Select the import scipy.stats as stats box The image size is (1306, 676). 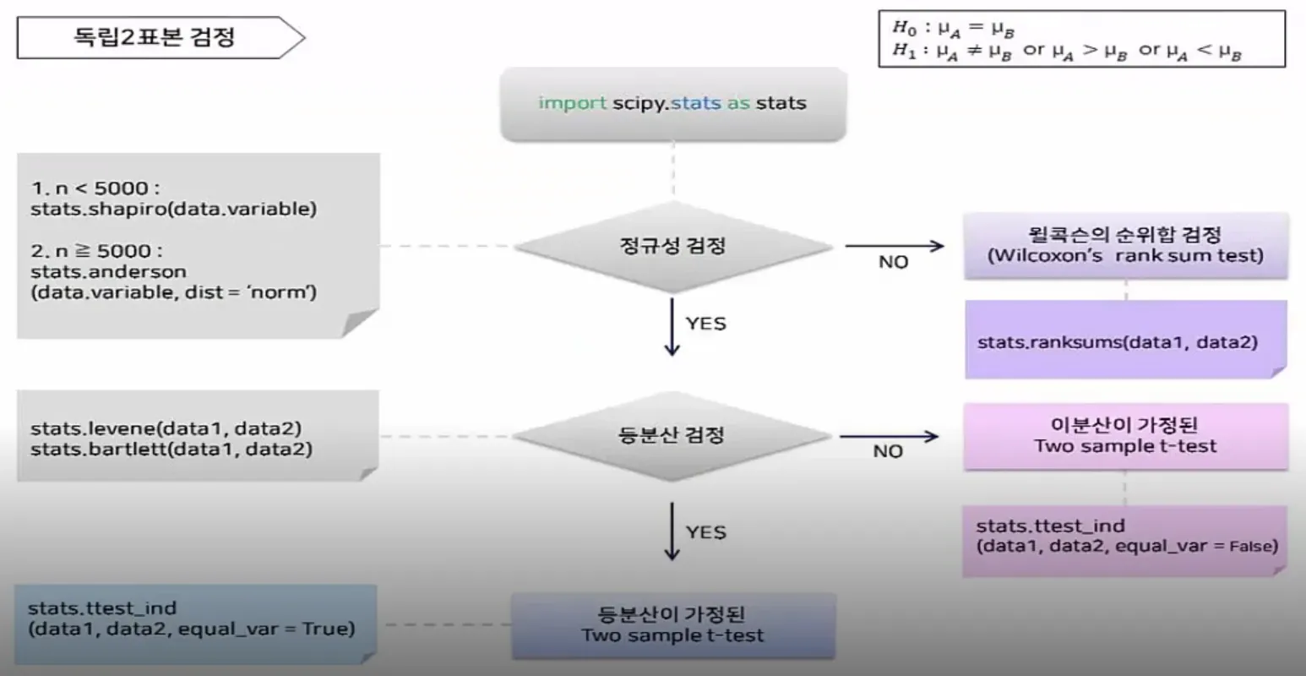click(673, 105)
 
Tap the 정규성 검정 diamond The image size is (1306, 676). click(672, 246)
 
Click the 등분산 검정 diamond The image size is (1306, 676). click(672, 436)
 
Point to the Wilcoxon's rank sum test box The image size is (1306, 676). click(1126, 246)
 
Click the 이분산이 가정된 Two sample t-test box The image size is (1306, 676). click(1126, 436)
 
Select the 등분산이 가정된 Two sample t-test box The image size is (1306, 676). click(673, 626)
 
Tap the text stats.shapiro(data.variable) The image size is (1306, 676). click(174, 209)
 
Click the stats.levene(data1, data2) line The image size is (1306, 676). click(166, 428)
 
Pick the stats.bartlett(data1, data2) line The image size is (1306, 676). click(171, 449)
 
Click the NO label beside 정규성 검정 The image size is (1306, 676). click(893, 262)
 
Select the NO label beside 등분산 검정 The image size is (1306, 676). click(888, 451)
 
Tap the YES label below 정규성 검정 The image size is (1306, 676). click(706, 324)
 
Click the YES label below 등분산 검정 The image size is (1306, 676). click(706, 532)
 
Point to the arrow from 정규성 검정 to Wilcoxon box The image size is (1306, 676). click(895, 246)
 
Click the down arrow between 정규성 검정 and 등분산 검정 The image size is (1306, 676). click(672, 327)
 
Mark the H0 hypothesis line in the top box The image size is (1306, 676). click(953, 28)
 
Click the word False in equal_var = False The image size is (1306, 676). click(1254, 547)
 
